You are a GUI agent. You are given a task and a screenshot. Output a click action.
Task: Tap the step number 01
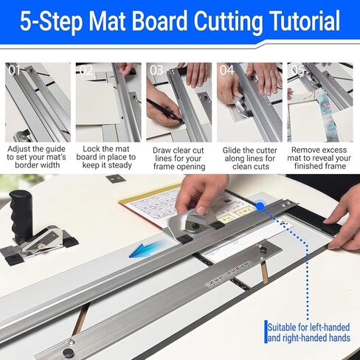(x=15, y=70)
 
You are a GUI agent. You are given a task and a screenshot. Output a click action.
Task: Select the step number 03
(x=156, y=70)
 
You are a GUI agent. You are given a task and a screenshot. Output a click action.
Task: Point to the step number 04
(x=226, y=70)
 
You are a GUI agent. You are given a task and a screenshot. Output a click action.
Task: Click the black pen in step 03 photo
(x=165, y=111)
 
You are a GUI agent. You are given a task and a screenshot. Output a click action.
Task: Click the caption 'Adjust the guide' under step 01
(x=36, y=149)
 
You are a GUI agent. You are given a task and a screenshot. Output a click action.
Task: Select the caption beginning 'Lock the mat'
(x=106, y=157)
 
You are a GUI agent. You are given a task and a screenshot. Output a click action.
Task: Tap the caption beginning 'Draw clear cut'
(x=179, y=159)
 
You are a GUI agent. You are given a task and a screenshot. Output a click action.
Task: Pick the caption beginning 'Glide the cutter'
(x=250, y=159)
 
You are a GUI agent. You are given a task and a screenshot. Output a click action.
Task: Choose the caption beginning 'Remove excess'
(x=319, y=158)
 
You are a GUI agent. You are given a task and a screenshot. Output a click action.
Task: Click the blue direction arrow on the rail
(x=147, y=249)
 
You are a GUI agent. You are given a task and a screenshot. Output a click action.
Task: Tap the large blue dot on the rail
(x=260, y=206)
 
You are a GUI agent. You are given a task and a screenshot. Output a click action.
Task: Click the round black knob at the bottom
(x=68, y=353)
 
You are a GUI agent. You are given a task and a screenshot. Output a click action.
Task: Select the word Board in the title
(x=162, y=21)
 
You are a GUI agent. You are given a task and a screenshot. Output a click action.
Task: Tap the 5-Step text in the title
(x=51, y=21)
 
